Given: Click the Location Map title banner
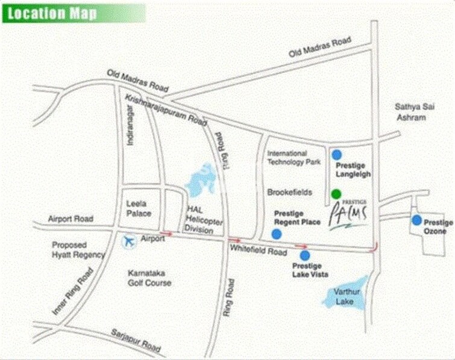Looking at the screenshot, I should [74, 13].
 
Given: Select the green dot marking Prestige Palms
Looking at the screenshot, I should [336, 194].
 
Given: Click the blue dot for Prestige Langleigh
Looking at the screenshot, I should [337, 155].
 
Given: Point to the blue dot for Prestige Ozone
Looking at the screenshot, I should [416, 220].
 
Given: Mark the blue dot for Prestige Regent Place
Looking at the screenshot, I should [277, 234].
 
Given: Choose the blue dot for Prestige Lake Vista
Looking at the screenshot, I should [305, 255].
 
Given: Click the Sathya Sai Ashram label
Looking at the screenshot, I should [410, 112].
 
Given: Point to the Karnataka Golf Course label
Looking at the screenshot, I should [149, 278].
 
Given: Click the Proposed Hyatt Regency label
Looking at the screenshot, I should [78, 250].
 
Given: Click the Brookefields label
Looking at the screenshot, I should [289, 192].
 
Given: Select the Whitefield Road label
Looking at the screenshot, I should [257, 247].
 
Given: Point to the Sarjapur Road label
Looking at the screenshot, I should [136, 341].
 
